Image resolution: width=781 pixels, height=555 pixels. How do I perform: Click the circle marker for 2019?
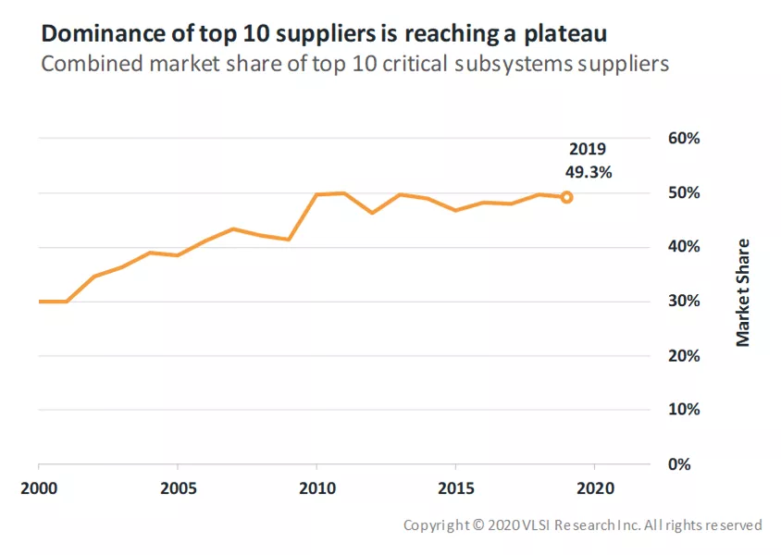click(x=566, y=198)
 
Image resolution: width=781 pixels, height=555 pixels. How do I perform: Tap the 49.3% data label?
click(x=589, y=172)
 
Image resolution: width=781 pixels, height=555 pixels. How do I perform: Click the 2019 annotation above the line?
click(x=588, y=149)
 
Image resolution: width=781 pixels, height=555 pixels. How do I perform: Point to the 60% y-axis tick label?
click(x=684, y=138)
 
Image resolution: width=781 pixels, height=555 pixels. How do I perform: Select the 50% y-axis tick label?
click(x=684, y=192)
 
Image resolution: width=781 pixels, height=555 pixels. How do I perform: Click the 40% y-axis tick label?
click(x=684, y=246)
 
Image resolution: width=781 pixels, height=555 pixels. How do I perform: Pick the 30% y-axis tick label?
click(x=684, y=301)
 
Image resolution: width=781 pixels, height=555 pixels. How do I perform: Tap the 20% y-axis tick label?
click(x=684, y=356)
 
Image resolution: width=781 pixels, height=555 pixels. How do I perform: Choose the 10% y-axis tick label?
click(x=684, y=409)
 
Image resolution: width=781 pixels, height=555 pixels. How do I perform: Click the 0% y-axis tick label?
click(x=679, y=464)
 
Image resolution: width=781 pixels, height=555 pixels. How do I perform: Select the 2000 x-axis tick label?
click(x=39, y=488)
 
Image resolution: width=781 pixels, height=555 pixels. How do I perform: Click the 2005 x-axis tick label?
click(x=179, y=488)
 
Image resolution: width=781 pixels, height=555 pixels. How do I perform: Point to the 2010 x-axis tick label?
click(x=317, y=488)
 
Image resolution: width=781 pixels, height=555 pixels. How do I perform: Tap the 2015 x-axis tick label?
click(x=456, y=488)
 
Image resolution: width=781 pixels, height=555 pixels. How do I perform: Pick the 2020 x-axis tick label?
click(x=596, y=488)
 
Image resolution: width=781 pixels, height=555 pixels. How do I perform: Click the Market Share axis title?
click(x=743, y=292)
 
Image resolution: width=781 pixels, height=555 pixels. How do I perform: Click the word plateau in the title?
click(x=565, y=34)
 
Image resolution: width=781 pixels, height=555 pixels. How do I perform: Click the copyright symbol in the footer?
click(x=478, y=525)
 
